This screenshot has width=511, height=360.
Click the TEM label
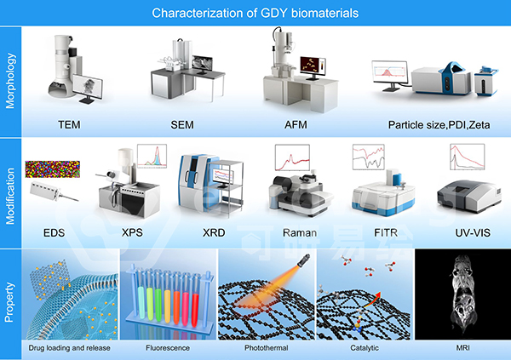point(69,125)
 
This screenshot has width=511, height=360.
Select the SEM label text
point(182,125)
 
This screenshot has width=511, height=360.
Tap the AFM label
point(296,125)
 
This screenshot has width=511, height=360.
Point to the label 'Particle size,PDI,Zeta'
point(439,125)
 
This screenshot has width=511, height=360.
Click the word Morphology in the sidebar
point(10,81)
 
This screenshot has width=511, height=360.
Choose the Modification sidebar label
point(10,196)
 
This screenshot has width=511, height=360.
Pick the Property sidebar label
point(9,302)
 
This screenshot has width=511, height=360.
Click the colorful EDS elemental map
point(53,169)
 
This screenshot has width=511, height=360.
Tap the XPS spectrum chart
point(152,156)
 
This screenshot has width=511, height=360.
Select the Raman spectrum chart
point(292,158)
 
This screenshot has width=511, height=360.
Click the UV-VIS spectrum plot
point(467,157)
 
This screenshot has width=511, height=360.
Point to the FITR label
point(386,232)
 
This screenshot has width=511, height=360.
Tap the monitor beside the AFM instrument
point(313,66)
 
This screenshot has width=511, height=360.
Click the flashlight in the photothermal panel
point(303,260)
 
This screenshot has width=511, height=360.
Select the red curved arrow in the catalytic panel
point(372,299)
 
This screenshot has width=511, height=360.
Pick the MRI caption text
point(462,348)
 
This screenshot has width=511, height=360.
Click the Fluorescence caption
point(168,348)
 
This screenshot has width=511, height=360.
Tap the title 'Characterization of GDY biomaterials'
point(255,13)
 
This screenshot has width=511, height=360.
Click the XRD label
point(214,232)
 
